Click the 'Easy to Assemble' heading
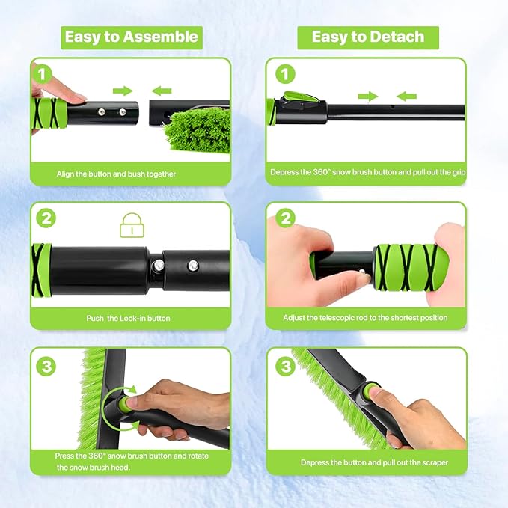[x=131, y=37]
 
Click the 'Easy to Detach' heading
[x=367, y=37]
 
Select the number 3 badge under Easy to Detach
[x=285, y=367]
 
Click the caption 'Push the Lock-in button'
[x=128, y=318]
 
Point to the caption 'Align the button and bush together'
[x=117, y=174]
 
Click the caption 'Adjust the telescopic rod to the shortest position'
[x=365, y=318]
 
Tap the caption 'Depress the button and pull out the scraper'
[x=374, y=462]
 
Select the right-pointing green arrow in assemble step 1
[x=122, y=91]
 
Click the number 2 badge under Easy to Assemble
[x=47, y=219]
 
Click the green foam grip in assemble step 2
[x=40, y=267]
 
